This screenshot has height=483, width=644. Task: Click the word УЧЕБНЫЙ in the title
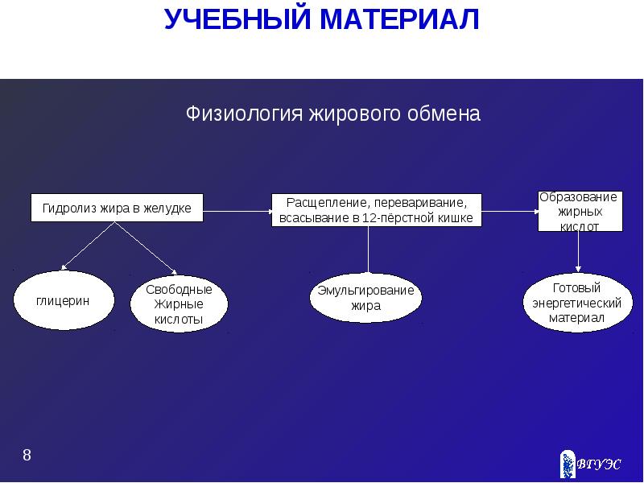coord(233,19)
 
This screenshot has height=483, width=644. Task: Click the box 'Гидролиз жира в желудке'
coord(117,208)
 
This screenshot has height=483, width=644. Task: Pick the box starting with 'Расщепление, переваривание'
coord(376,210)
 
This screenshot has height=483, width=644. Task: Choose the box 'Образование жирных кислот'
coord(579,211)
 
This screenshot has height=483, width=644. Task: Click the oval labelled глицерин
coord(62,300)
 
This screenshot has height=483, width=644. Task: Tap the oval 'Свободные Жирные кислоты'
coord(179,304)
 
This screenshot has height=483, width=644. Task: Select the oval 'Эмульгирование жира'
coord(365,298)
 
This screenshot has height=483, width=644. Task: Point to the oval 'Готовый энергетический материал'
coord(577,303)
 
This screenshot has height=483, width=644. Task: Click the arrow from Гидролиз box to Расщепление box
coord(237,212)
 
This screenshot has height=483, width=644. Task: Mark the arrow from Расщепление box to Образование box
coord(510,211)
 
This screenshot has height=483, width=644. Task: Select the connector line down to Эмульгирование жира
coord(368,251)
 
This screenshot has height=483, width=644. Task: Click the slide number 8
coord(27,456)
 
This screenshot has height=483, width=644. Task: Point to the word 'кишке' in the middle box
coord(456,218)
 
